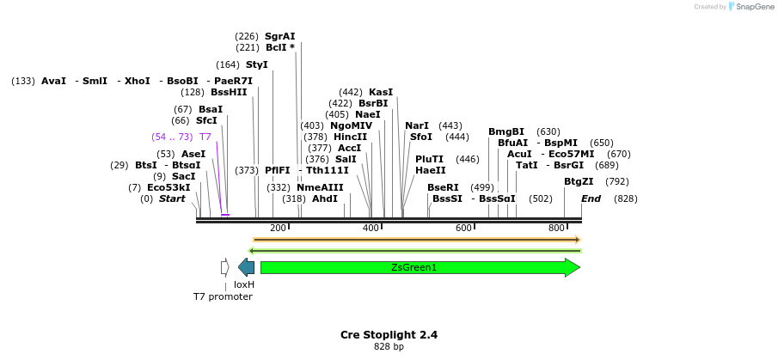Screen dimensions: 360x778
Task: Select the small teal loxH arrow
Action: pos(246,267)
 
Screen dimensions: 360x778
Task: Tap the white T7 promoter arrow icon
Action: pos(224,267)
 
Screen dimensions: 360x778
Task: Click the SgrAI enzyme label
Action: pos(279,36)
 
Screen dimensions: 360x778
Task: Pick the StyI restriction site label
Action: pos(256,64)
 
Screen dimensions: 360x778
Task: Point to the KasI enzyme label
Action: pos(381,92)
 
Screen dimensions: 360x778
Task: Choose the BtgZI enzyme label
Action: pos(579,181)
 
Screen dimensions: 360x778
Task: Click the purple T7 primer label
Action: pos(205,137)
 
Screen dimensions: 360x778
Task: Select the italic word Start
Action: pos(172,198)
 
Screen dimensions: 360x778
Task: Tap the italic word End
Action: pos(591,198)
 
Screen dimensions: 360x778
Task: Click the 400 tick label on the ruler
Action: pos(371,228)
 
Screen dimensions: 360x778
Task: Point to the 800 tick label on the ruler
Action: pos(557,228)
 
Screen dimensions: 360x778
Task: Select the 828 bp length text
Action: pos(389,346)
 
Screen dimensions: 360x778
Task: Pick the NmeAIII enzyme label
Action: pos(320,187)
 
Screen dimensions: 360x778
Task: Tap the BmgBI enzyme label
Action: pos(506,131)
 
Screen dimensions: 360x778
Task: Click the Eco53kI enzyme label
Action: pos(168,187)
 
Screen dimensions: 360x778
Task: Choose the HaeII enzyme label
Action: pos(430,170)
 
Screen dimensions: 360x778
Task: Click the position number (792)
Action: pos(616,181)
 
